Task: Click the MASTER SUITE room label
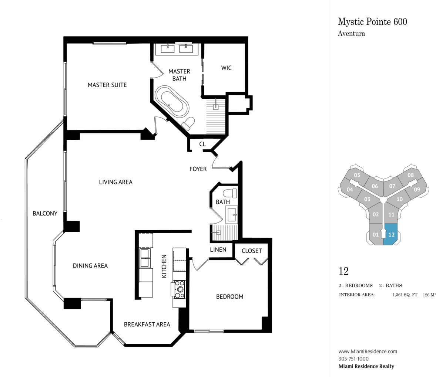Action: (x=107, y=85)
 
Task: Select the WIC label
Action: (x=227, y=68)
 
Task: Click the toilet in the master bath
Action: (x=188, y=123)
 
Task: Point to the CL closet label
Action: (x=202, y=144)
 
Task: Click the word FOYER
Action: (x=198, y=169)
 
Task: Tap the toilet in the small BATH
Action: (x=231, y=193)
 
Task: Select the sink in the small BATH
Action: (x=232, y=214)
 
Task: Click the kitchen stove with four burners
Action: (x=180, y=289)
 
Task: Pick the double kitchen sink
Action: (x=145, y=258)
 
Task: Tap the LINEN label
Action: (x=218, y=250)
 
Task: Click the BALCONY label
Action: (x=45, y=214)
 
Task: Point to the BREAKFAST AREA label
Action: (x=147, y=325)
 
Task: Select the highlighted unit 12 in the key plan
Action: (x=390, y=234)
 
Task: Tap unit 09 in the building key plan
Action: (x=416, y=189)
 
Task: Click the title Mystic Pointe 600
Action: (x=372, y=22)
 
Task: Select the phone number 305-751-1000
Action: (x=354, y=359)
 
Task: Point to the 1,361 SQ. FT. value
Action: (x=405, y=295)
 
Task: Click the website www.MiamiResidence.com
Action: (x=368, y=351)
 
